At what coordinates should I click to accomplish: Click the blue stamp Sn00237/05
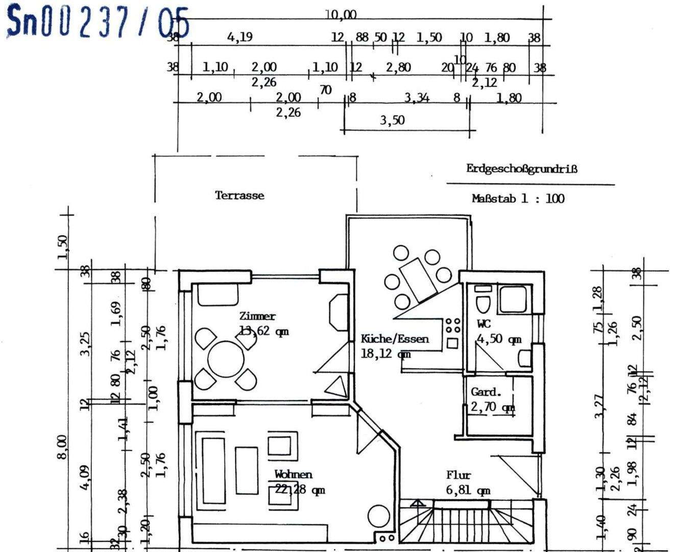click(x=97, y=21)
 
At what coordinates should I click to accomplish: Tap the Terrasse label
click(x=239, y=195)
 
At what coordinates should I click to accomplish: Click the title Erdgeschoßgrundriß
click(x=521, y=169)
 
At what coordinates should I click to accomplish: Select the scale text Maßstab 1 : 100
click(x=518, y=198)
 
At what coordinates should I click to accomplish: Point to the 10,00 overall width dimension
click(x=341, y=15)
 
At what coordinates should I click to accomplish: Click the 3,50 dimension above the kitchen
click(x=392, y=120)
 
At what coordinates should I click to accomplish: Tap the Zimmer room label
click(x=257, y=316)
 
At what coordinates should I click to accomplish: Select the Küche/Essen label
click(x=395, y=338)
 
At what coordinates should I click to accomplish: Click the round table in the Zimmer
click(x=226, y=358)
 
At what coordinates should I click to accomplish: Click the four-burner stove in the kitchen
click(x=452, y=326)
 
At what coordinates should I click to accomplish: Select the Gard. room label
click(x=486, y=392)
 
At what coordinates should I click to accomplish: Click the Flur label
click(x=458, y=475)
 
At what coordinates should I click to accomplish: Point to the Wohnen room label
click(x=293, y=474)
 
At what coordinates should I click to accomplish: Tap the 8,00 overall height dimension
click(x=61, y=447)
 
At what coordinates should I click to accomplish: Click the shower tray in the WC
click(x=513, y=299)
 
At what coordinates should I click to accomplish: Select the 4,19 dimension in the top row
click(x=239, y=37)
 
